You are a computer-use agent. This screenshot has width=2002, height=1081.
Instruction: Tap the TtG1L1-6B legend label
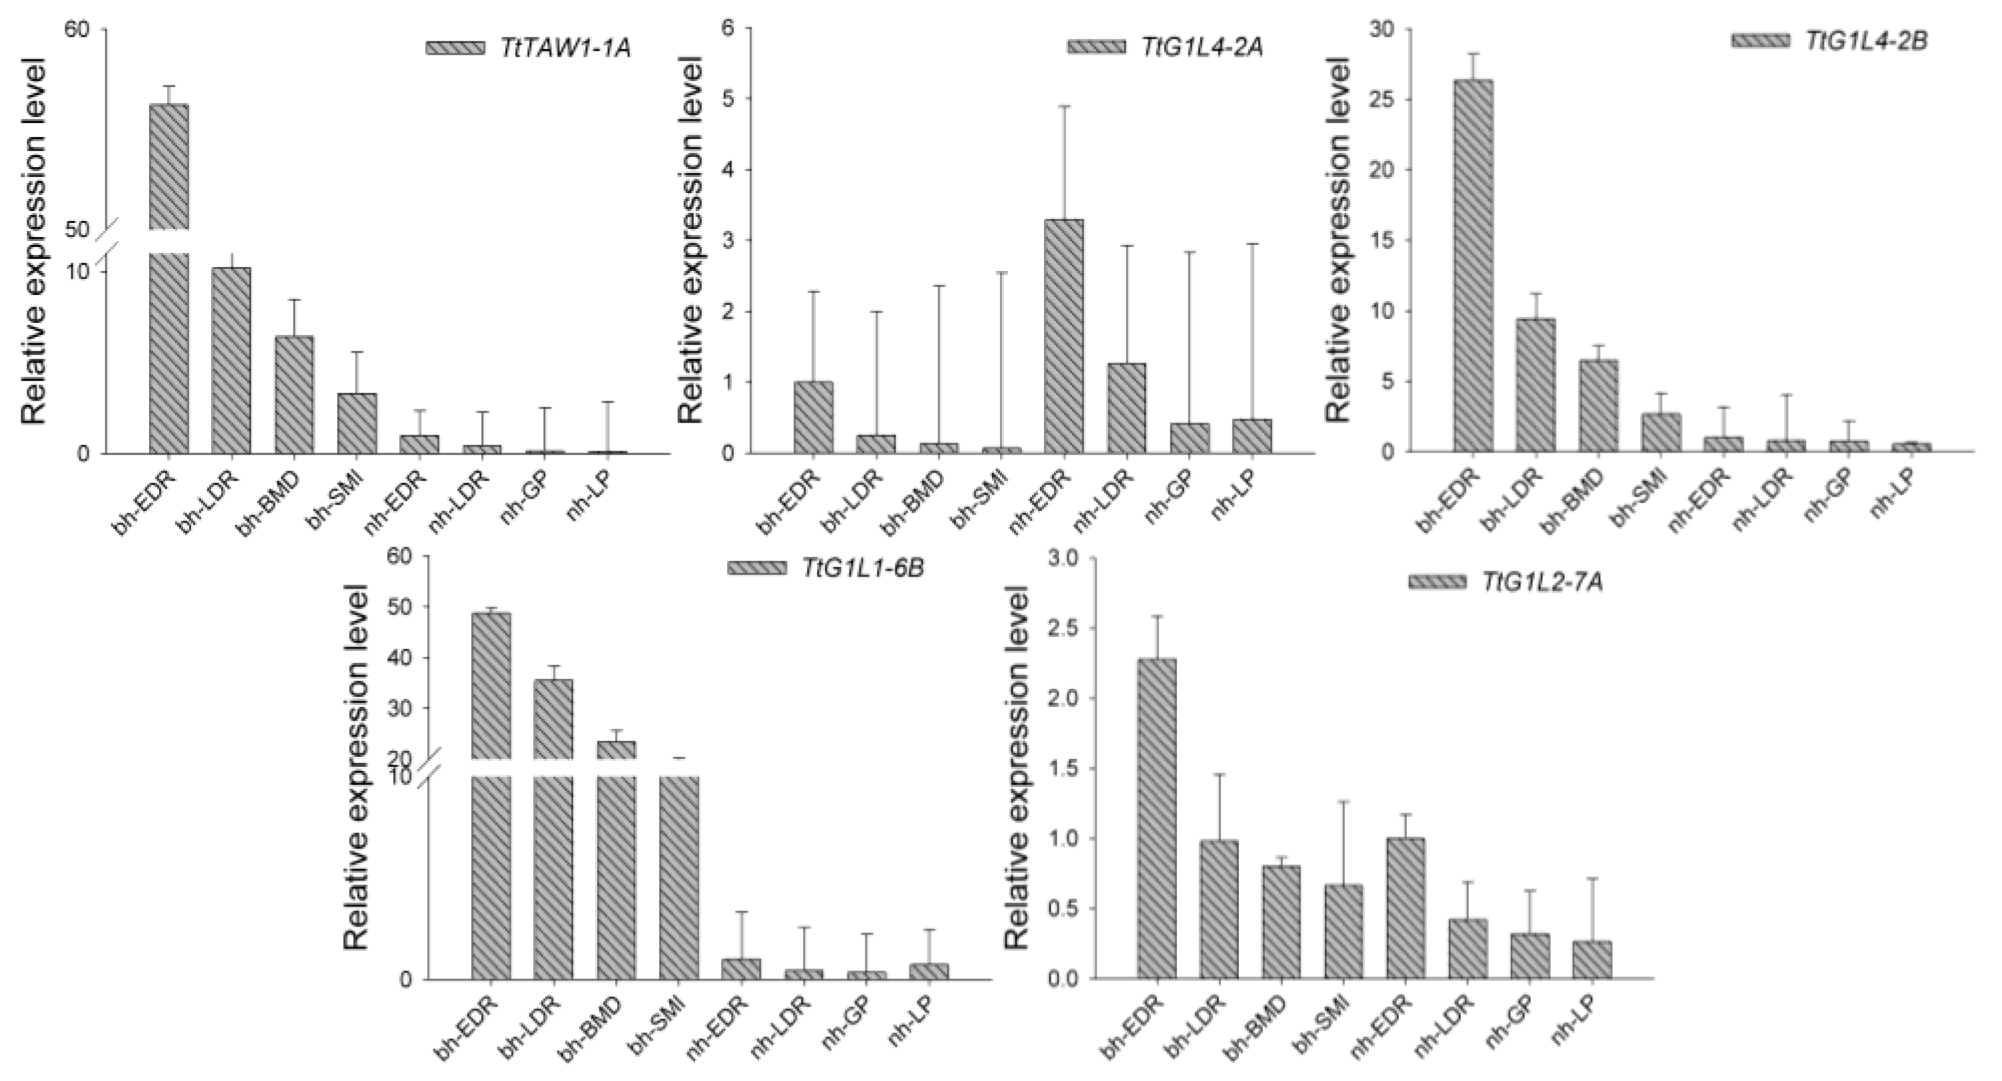pyautogui.click(x=864, y=567)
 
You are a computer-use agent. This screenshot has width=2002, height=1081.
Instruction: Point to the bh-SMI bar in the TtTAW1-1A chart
pyautogui.click(x=358, y=423)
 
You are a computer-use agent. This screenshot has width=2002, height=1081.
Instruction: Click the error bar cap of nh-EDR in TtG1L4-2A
pyautogui.click(x=1064, y=107)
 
